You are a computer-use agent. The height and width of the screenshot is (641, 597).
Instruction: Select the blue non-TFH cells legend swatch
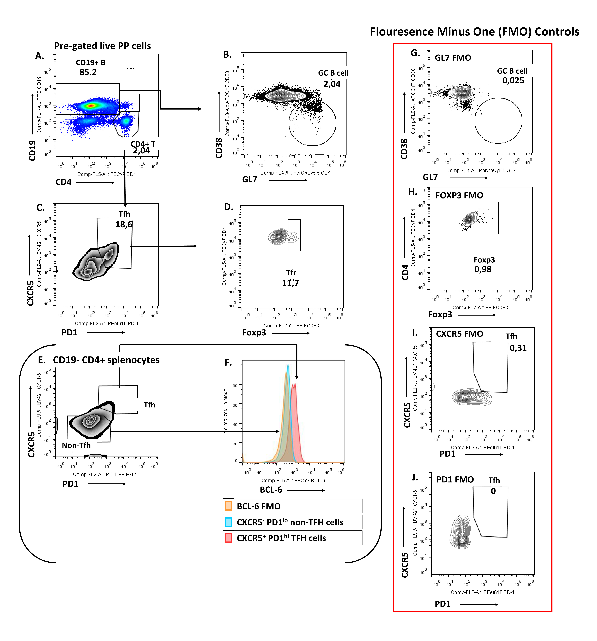[228, 522]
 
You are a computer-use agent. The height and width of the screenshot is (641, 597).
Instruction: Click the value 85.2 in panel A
[88, 72]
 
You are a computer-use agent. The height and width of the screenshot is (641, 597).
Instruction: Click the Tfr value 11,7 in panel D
[290, 283]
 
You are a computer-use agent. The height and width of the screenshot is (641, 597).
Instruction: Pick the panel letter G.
[415, 53]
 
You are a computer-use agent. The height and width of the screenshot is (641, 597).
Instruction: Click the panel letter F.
[228, 363]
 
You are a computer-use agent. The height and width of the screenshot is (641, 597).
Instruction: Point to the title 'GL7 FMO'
[453, 58]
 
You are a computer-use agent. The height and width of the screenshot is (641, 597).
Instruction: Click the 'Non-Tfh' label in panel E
[76, 445]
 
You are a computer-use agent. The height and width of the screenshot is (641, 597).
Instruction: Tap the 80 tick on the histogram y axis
[235, 386]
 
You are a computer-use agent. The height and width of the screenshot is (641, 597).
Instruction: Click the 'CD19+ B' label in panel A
[91, 63]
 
